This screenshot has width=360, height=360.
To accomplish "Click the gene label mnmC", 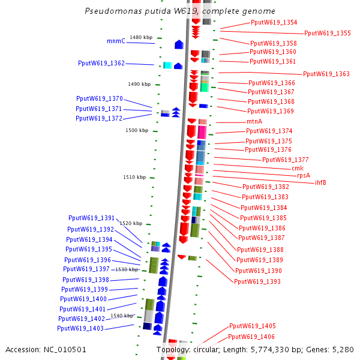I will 116,41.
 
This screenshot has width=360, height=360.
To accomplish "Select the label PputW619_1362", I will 101,63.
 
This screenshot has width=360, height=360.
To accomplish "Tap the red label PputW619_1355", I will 327,33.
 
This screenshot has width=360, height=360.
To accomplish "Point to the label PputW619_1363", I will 326,74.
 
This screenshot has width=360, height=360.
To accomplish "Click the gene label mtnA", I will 254,121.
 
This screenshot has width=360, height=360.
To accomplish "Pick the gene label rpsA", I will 304,175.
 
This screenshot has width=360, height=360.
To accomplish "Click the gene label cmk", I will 298,168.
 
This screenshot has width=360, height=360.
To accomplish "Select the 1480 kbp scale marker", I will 141,37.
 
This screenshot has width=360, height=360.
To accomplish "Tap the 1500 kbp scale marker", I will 137,130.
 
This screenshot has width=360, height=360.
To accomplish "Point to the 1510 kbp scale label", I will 134,177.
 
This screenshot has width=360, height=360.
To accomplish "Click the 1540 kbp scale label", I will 122,315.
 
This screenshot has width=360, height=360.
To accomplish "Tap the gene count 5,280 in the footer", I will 343,349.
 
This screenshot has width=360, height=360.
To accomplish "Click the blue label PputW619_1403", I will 80,328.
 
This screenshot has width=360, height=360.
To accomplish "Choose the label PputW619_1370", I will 99,98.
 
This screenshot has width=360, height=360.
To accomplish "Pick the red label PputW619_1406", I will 251,337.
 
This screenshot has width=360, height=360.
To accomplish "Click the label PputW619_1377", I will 285,160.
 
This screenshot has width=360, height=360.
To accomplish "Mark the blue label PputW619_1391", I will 91,218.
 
